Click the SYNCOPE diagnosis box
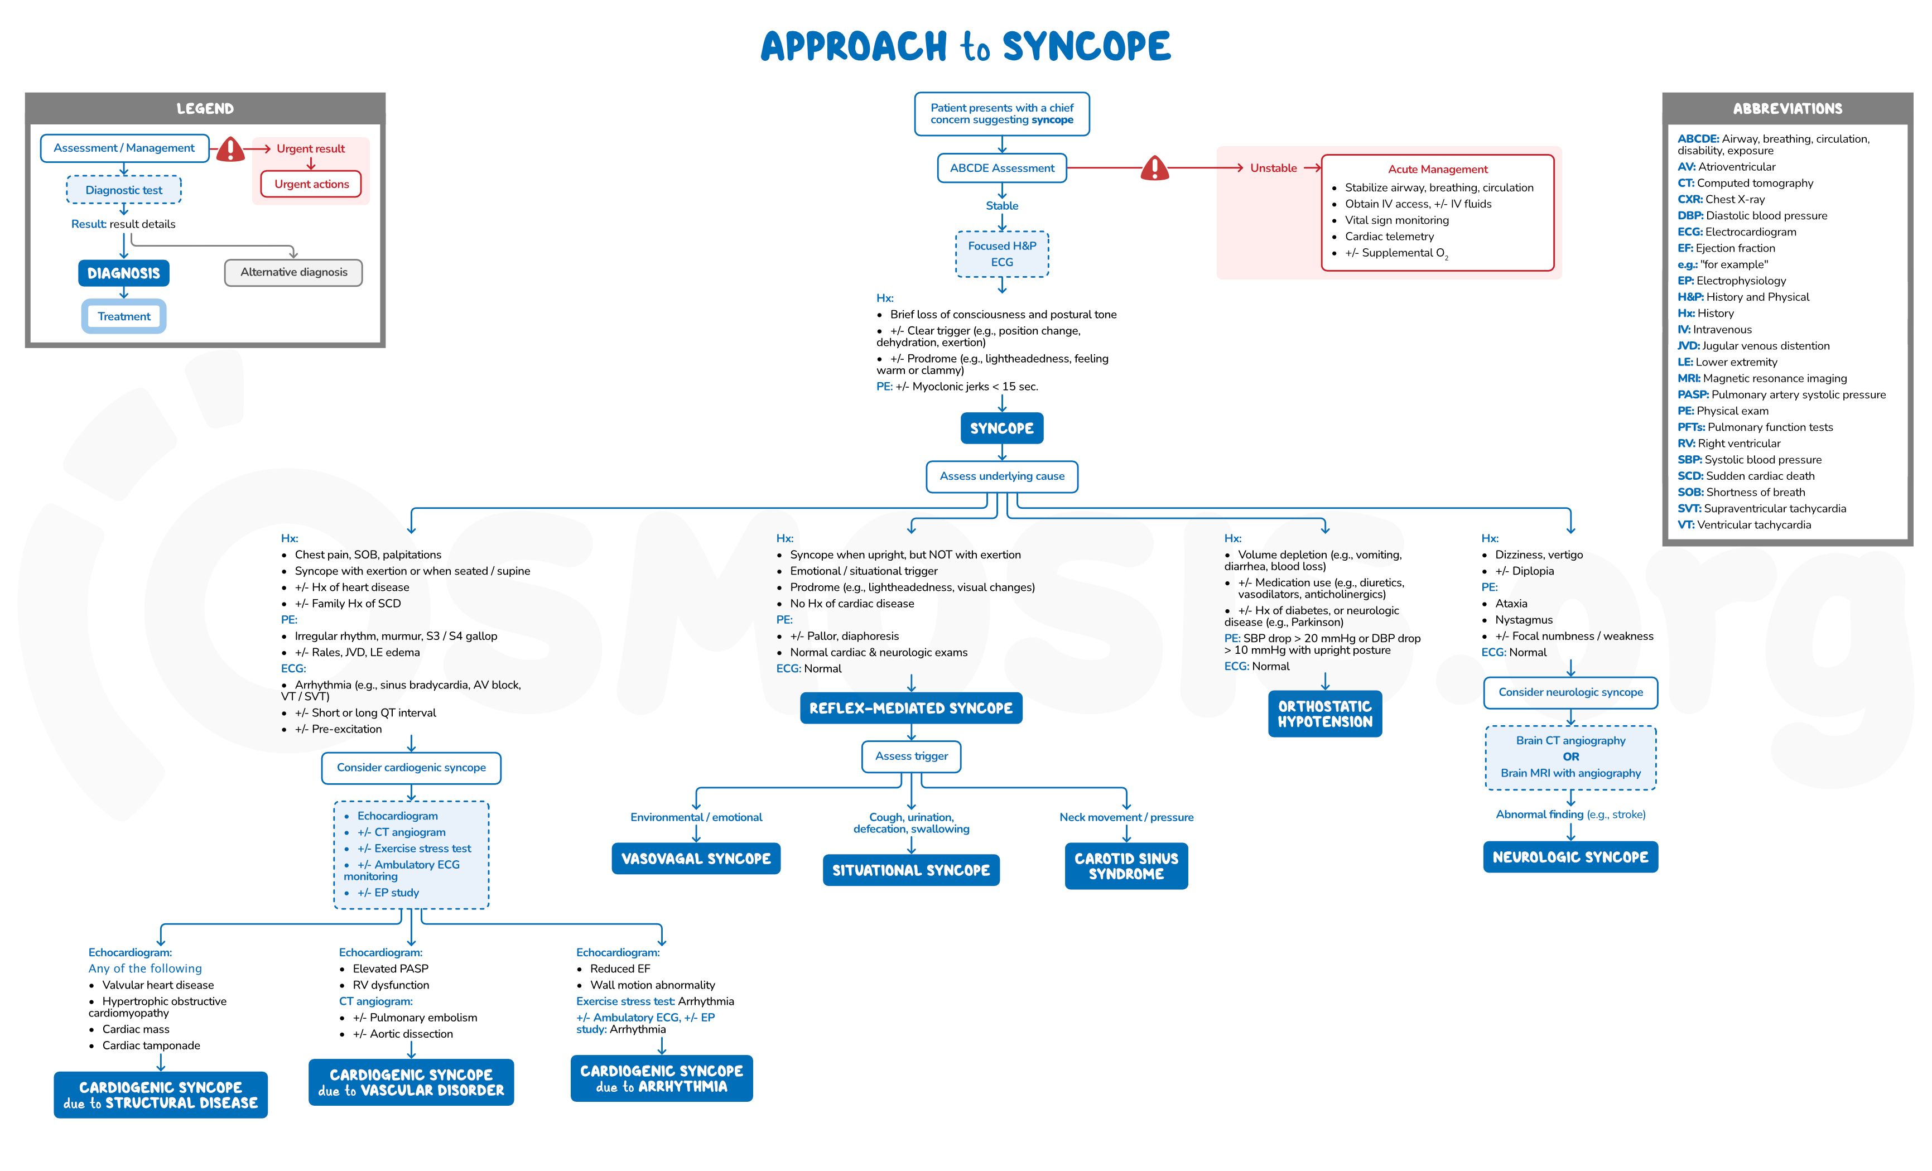(x=1001, y=428)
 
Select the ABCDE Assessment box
(x=1001, y=168)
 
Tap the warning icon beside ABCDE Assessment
(x=1154, y=168)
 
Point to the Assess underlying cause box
(x=1001, y=476)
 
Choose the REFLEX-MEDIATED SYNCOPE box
(x=910, y=709)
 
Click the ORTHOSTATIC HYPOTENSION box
(x=1324, y=714)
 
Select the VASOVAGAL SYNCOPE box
(x=696, y=859)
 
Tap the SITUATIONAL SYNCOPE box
(x=910, y=871)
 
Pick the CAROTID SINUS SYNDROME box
(x=1126, y=866)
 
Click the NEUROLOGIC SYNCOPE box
(x=1570, y=857)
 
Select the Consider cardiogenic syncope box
(x=411, y=768)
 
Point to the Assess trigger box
(x=911, y=756)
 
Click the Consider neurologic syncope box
(x=1570, y=692)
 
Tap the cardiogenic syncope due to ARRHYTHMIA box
(x=661, y=1078)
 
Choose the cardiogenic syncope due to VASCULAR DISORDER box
(x=411, y=1082)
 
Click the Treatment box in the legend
(x=124, y=316)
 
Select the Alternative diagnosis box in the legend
(x=293, y=272)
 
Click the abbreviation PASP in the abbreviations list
(x=1693, y=394)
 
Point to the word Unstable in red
(x=1273, y=168)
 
